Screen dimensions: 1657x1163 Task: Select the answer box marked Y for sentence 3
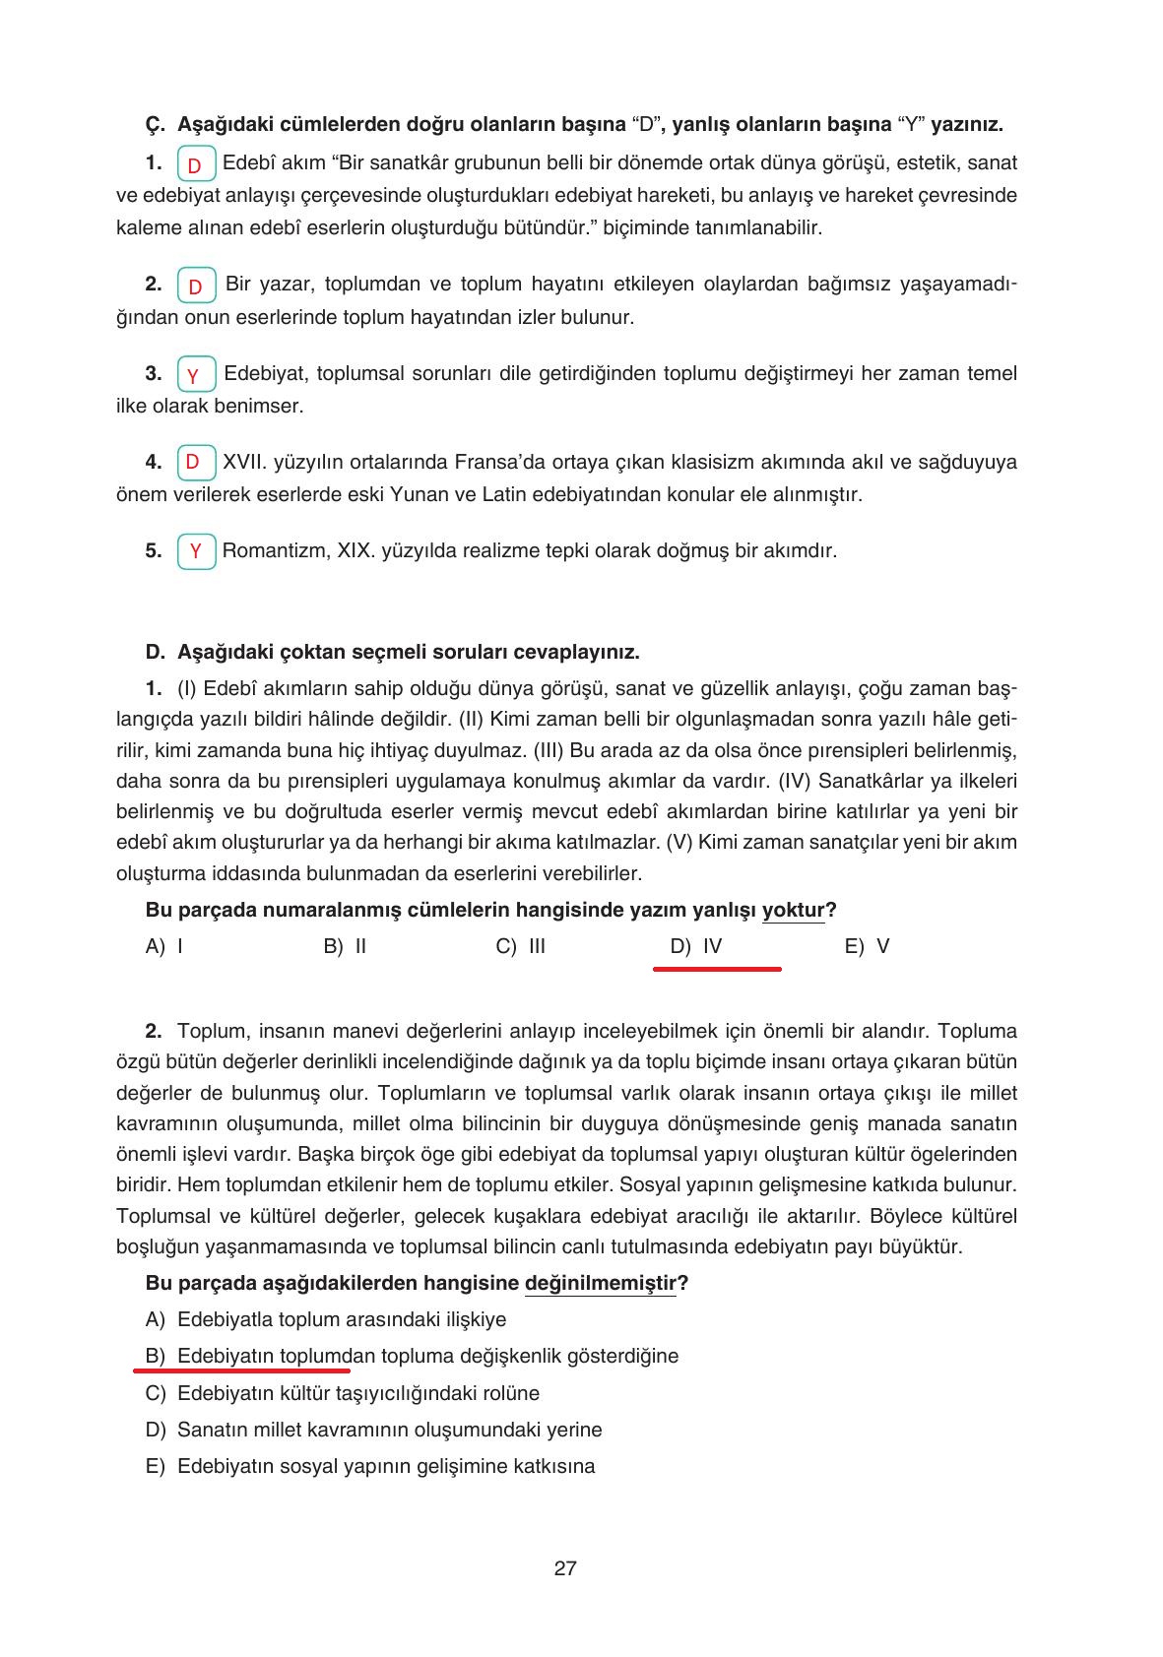pyautogui.click(x=196, y=375)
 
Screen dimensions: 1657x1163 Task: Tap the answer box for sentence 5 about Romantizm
pyautogui.click(x=196, y=551)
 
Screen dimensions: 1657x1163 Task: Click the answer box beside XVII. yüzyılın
pyautogui.click(x=196, y=463)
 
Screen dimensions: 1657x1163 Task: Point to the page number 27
pyautogui.click(x=565, y=1568)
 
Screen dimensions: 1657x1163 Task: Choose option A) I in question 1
pyautogui.click(x=164, y=946)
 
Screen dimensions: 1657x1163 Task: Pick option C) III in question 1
pyautogui.click(x=521, y=946)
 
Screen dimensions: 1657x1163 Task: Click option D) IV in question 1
pyautogui.click(x=696, y=946)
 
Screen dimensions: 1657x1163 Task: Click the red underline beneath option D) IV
pyautogui.click(x=717, y=969)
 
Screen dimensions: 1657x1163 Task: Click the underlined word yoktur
pyautogui.click(x=793, y=910)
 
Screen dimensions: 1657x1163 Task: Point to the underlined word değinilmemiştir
pyautogui.click(x=601, y=1283)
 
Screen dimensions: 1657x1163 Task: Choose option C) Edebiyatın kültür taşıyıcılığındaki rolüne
pyautogui.click(x=342, y=1393)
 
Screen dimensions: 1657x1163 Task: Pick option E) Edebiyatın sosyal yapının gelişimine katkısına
pyautogui.click(x=369, y=1466)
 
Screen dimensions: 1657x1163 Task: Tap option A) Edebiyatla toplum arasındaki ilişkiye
pyautogui.click(x=325, y=1319)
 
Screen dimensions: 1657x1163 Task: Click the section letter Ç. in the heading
pyautogui.click(x=154, y=125)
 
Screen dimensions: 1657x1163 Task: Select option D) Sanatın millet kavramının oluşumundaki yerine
pyautogui.click(x=373, y=1430)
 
